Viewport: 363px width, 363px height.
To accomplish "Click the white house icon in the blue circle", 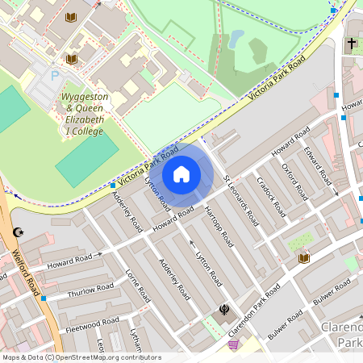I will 181,174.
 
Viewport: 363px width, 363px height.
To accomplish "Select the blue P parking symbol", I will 56,76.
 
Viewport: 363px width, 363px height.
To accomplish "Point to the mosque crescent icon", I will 19,233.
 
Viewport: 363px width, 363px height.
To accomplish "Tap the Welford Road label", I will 27,271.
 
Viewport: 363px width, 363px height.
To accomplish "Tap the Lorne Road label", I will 137,286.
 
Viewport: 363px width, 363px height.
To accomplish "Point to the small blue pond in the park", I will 236,38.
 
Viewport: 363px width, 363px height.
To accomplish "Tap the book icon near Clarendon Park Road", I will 304,258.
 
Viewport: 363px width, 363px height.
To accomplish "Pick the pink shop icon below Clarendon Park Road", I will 234,344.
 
